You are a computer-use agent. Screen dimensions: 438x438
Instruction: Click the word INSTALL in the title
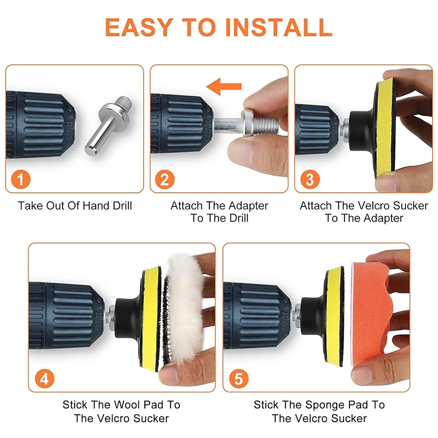click(279, 27)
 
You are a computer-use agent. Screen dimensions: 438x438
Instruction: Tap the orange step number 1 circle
click(21, 179)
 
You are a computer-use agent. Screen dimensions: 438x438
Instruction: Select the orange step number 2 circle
click(165, 179)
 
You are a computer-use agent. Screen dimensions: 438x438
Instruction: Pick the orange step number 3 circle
click(310, 179)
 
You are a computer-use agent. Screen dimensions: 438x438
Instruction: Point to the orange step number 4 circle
click(44, 379)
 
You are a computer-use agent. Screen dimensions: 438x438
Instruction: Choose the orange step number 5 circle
click(239, 379)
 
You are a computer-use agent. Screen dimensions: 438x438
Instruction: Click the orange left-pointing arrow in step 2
click(224, 87)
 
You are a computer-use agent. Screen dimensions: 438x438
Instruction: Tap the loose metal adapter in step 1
click(108, 125)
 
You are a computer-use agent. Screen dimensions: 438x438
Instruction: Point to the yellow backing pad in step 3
click(385, 128)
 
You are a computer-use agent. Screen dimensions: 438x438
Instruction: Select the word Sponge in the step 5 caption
click(324, 405)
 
